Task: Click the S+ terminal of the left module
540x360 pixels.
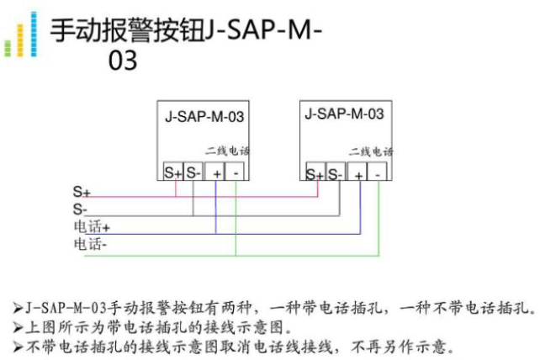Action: pos(174,172)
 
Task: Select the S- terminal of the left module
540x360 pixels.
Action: pos(193,172)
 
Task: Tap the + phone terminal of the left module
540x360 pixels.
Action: pos(216,172)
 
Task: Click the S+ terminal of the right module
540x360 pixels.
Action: pos(315,174)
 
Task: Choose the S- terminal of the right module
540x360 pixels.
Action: pos(336,174)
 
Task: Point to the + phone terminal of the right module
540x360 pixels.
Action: pos(359,174)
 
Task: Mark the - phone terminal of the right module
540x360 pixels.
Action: pos(379,174)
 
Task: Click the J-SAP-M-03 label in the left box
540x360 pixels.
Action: pos(204,118)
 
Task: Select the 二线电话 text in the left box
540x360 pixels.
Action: pos(228,151)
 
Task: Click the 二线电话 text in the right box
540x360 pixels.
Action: pos(371,152)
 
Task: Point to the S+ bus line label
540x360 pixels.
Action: pos(82,193)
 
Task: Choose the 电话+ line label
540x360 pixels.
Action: pos(92,227)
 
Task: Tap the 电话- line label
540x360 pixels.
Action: pos(90,244)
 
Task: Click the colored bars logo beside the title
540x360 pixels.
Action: pos(20,35)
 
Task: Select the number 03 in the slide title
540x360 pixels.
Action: pos(122,61)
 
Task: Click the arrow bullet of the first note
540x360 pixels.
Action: pos(19,308)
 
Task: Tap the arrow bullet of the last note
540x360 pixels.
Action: pos(19,346)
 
